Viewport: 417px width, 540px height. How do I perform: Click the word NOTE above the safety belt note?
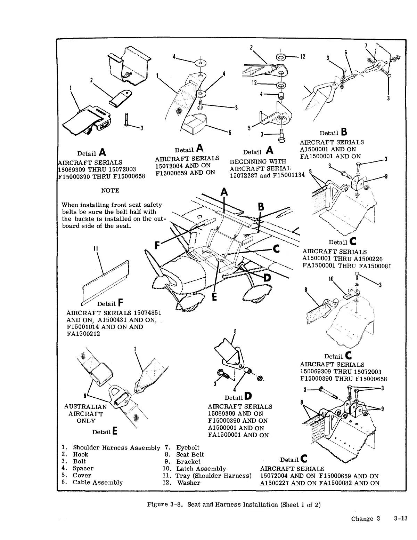coord(110,191)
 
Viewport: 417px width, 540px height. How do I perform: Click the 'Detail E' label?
coord(105,432)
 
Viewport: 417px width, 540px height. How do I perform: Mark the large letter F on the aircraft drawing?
coord(157,245)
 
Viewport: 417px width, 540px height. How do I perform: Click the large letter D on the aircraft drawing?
coord(267,278)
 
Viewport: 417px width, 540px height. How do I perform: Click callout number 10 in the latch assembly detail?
coord(331,279)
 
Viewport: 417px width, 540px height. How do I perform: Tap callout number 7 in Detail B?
coord(366,46)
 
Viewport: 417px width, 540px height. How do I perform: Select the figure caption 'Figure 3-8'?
coord(165,505)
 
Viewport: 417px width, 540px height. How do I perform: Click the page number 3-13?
coord(400,519)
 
